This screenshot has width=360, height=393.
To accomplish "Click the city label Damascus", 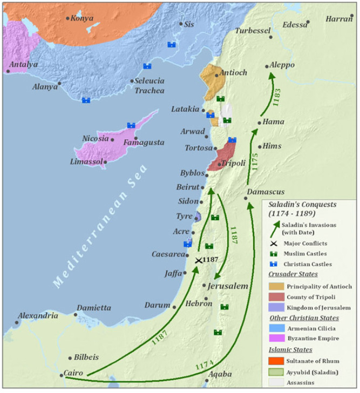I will pos(266,192).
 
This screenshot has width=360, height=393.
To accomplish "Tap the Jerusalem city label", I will pos(227,286).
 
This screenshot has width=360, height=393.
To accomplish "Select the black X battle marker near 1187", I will pos(199,260).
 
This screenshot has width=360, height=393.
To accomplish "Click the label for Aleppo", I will pos(284,65).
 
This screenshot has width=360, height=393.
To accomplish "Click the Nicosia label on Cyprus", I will pos(96,138).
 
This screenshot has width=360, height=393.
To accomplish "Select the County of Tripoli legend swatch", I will pos(276,297).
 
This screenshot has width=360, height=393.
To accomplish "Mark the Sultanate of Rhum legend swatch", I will pos(276,360).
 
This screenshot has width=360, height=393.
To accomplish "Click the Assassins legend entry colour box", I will pos(276,381).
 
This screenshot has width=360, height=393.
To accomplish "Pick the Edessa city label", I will pos(294,24).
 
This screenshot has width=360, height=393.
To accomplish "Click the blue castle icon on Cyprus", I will pos(131,125).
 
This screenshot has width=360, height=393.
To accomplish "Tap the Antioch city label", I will pos(233,72).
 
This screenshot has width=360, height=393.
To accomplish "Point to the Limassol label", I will pos(85,162).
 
